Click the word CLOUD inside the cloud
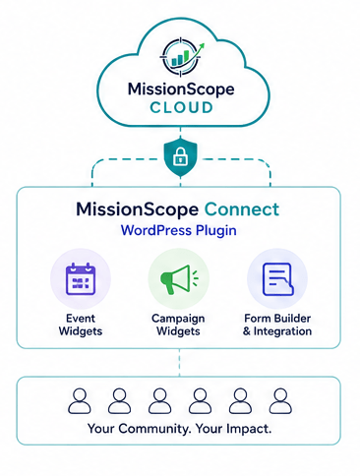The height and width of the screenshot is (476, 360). point(181,107)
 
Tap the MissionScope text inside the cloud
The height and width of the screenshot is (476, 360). point(181,89)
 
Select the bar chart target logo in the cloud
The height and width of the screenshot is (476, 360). point(181,57)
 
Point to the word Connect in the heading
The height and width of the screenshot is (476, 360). point(242,209)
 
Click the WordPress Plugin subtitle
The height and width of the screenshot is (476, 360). point(179,230)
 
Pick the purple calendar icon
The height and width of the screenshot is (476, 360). point(81,279)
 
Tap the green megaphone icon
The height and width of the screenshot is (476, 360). point(180,279)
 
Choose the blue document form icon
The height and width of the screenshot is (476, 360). point(277,279)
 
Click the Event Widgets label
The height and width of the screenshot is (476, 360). point(81,325)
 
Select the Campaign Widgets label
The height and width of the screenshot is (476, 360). point(178,325)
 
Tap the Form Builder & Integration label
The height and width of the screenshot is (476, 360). point(277,325)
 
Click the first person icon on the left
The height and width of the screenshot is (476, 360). point(80,400)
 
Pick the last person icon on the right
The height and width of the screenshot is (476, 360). point(280,400)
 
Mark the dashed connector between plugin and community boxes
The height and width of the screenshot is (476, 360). point(179,362)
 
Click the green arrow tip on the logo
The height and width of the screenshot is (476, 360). point(203,45)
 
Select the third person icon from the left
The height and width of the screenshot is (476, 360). point(159,400)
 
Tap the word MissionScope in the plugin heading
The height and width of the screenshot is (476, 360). point(137,209)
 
